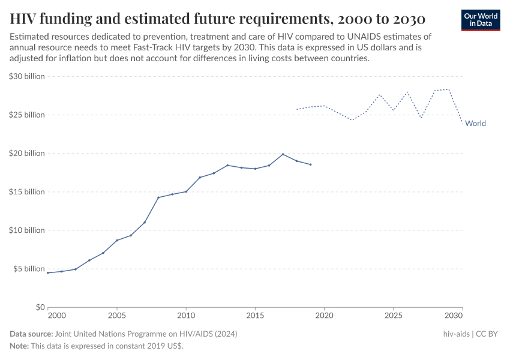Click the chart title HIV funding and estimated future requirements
tap(218, 19)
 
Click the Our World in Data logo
tap(481, 20)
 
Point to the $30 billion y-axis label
tap(27, 76)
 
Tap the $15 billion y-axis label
tap(27, 192)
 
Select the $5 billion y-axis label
tap(29, 269)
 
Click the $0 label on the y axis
tap(40, 307)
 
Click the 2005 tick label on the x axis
tap(116, 315)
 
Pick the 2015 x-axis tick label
tap(255, 315)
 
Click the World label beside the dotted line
tap(475, 124)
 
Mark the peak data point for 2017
tap(283, 154)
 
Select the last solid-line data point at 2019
tap(311, 164)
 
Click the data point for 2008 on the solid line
tap(158, 197)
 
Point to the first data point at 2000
tap(48, 272)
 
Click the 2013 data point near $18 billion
tap(227, 165)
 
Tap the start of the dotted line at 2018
tap(297, 109)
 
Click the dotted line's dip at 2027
tap(421, 118)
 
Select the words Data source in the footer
tap(31, 334)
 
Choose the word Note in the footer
tap(19, 346)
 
